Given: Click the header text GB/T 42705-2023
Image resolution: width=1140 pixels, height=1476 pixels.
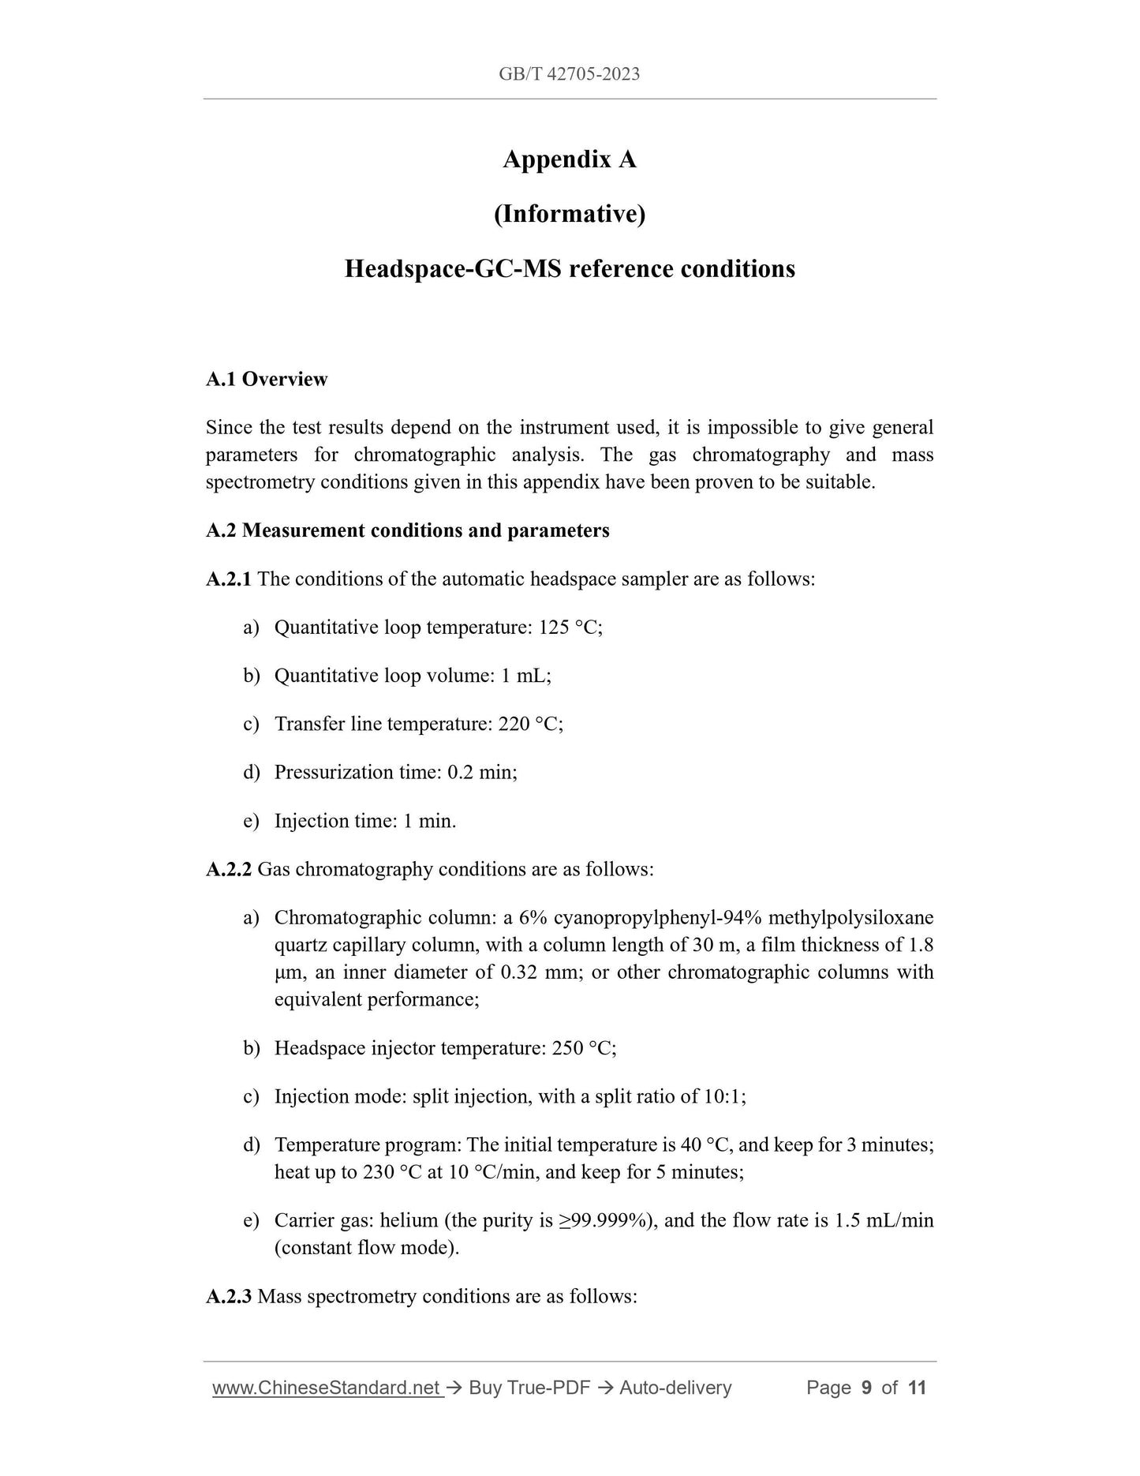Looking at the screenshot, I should tap(569, 74).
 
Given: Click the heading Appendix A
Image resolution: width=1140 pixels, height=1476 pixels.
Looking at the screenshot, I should tap(570, 159).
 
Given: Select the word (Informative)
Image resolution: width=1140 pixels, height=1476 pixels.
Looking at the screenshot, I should tap(570, 214).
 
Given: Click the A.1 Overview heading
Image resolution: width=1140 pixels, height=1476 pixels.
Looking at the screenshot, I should tap(267, 379).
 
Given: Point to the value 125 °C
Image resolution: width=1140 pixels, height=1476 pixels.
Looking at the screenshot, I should tap(569, 627).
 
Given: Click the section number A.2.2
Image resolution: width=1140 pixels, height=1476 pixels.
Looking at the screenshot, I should tap(229, 870).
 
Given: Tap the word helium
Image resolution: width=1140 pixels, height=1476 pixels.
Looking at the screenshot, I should tap(409, 1220).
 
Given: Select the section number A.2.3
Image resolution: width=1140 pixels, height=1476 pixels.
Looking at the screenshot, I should tap(229, 1297).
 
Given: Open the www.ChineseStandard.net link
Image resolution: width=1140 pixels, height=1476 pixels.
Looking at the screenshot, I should tap(327, 1388).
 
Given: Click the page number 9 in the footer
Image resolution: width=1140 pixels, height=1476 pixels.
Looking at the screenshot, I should tap(866, 1388).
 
